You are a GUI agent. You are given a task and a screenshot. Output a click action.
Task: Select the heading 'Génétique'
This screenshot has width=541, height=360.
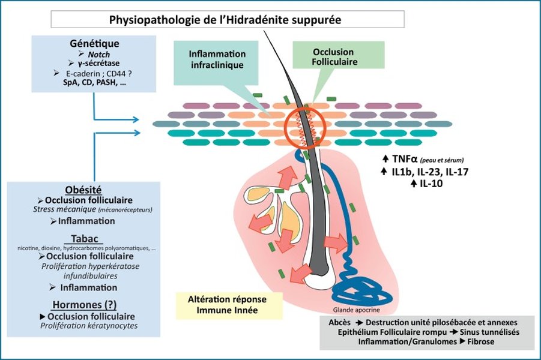click(x=94, y=44)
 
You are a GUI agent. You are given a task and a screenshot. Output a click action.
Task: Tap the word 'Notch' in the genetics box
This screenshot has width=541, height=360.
click(x=99, y=54)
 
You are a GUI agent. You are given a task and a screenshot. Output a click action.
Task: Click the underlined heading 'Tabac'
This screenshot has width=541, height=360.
click(x=84, y=239)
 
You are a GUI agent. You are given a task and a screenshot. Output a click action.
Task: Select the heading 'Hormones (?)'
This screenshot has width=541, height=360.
click(x=84, y=304)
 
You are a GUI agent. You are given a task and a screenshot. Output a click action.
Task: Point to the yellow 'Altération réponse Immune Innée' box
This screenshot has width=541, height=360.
click(x=227, y=304)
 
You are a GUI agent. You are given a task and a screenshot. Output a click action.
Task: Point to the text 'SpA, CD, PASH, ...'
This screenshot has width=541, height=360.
click(x=94, y=83)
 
